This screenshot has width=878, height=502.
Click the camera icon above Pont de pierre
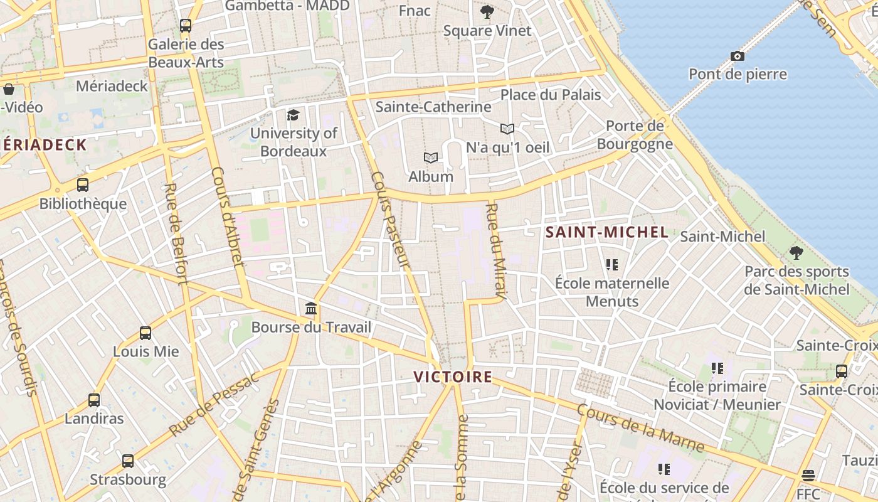pyautogui.click(x=738, y=56)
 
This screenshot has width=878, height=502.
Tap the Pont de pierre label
pyautogui.click(x=738, y=74)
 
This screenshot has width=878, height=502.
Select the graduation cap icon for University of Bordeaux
pyautogui.click(x=293, y=115)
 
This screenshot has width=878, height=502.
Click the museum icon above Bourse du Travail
pyautogui.click(x=311, y=309)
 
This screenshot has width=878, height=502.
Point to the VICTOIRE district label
pyautogui.click(x=453, y=377)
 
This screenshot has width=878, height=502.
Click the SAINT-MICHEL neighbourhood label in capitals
pyautogui.click(x=606, y=232)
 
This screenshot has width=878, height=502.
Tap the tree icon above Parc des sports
pyautogui.click(x=796, y=253)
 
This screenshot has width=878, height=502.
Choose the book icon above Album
pyautogui.click(x=430, y=158)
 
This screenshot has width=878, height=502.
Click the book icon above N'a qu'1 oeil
pyautogui.click(x=507, y=129)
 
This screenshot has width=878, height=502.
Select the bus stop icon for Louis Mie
pyautogui.click(x=145, y=333)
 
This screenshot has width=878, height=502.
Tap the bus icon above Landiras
pyautogui.click(x=94, y=400)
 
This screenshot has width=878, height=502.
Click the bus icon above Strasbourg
pyautogui.click(x=128, y=461)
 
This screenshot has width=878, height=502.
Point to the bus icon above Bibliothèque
pyautogui.click(x=83, y=185)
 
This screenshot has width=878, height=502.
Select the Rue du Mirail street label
pyautogui.click(x=496, y=250)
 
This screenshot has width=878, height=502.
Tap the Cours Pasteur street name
pyautogui.click(x=390, y=221)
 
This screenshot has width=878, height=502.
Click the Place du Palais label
pyautogui.click(x=551, y=95)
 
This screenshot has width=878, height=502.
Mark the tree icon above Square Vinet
pyautogui.click(x=487, y=11)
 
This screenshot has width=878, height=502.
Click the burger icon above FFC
pyautogui.click(x=808, y=475)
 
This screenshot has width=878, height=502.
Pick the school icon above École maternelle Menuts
pyautogui.click(x=612, y=265)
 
